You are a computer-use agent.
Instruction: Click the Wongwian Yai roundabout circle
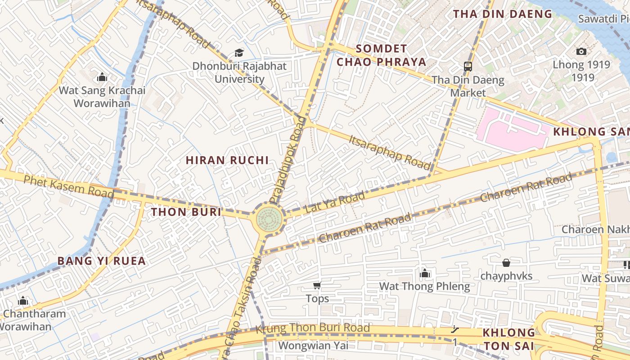(269, 219)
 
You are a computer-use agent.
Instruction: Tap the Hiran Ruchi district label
(227, 160)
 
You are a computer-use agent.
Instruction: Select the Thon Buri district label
(186, 212)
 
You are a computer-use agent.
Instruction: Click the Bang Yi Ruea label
(102, 261)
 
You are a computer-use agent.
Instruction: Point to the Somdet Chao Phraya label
(382, 55)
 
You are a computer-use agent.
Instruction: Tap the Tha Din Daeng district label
(502, 14)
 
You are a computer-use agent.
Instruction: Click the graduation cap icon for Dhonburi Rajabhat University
(239, 53)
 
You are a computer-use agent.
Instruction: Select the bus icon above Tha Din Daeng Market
(468, 67)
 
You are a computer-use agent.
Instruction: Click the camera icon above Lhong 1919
(581, 51)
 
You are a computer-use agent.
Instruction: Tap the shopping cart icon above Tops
(317, 285)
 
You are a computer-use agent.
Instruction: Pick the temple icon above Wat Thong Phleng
(424, 273)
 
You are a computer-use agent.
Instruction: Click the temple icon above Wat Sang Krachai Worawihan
(102, 77)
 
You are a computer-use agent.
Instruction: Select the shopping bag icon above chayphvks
(506, 262)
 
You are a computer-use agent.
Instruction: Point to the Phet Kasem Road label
(68, 186)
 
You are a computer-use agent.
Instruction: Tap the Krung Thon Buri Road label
(313, 328)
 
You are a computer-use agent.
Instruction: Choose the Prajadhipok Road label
(288, 165)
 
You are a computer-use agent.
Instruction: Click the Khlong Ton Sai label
(508, 339)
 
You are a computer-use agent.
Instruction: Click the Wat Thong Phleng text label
(424, 286)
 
